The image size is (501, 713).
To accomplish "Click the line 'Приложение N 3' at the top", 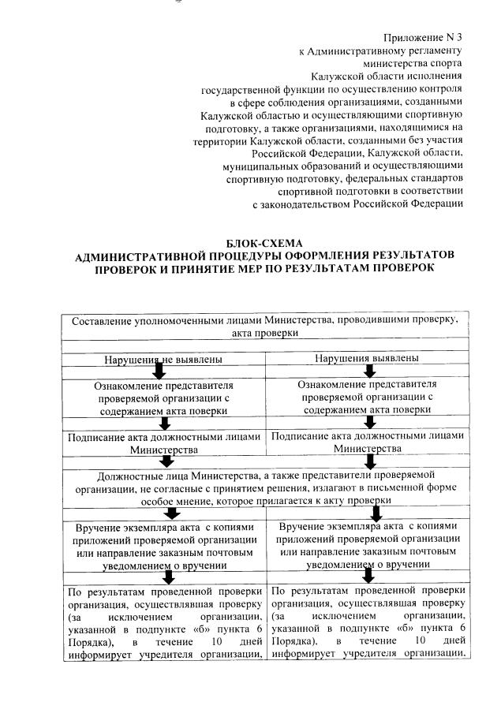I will pos(423,37).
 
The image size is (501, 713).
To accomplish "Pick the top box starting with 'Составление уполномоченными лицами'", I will pos(264,327).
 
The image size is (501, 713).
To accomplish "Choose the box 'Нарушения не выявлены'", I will pos(163,359).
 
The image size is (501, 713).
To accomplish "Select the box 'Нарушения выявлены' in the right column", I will pos(366,358).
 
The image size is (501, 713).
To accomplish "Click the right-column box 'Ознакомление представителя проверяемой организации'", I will pos(367,397).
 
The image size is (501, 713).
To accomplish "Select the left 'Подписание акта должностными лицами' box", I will pos(163,442).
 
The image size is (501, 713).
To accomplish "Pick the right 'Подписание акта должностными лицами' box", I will pos(367,441).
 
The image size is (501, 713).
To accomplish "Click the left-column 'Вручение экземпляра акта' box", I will pos(163,543).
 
